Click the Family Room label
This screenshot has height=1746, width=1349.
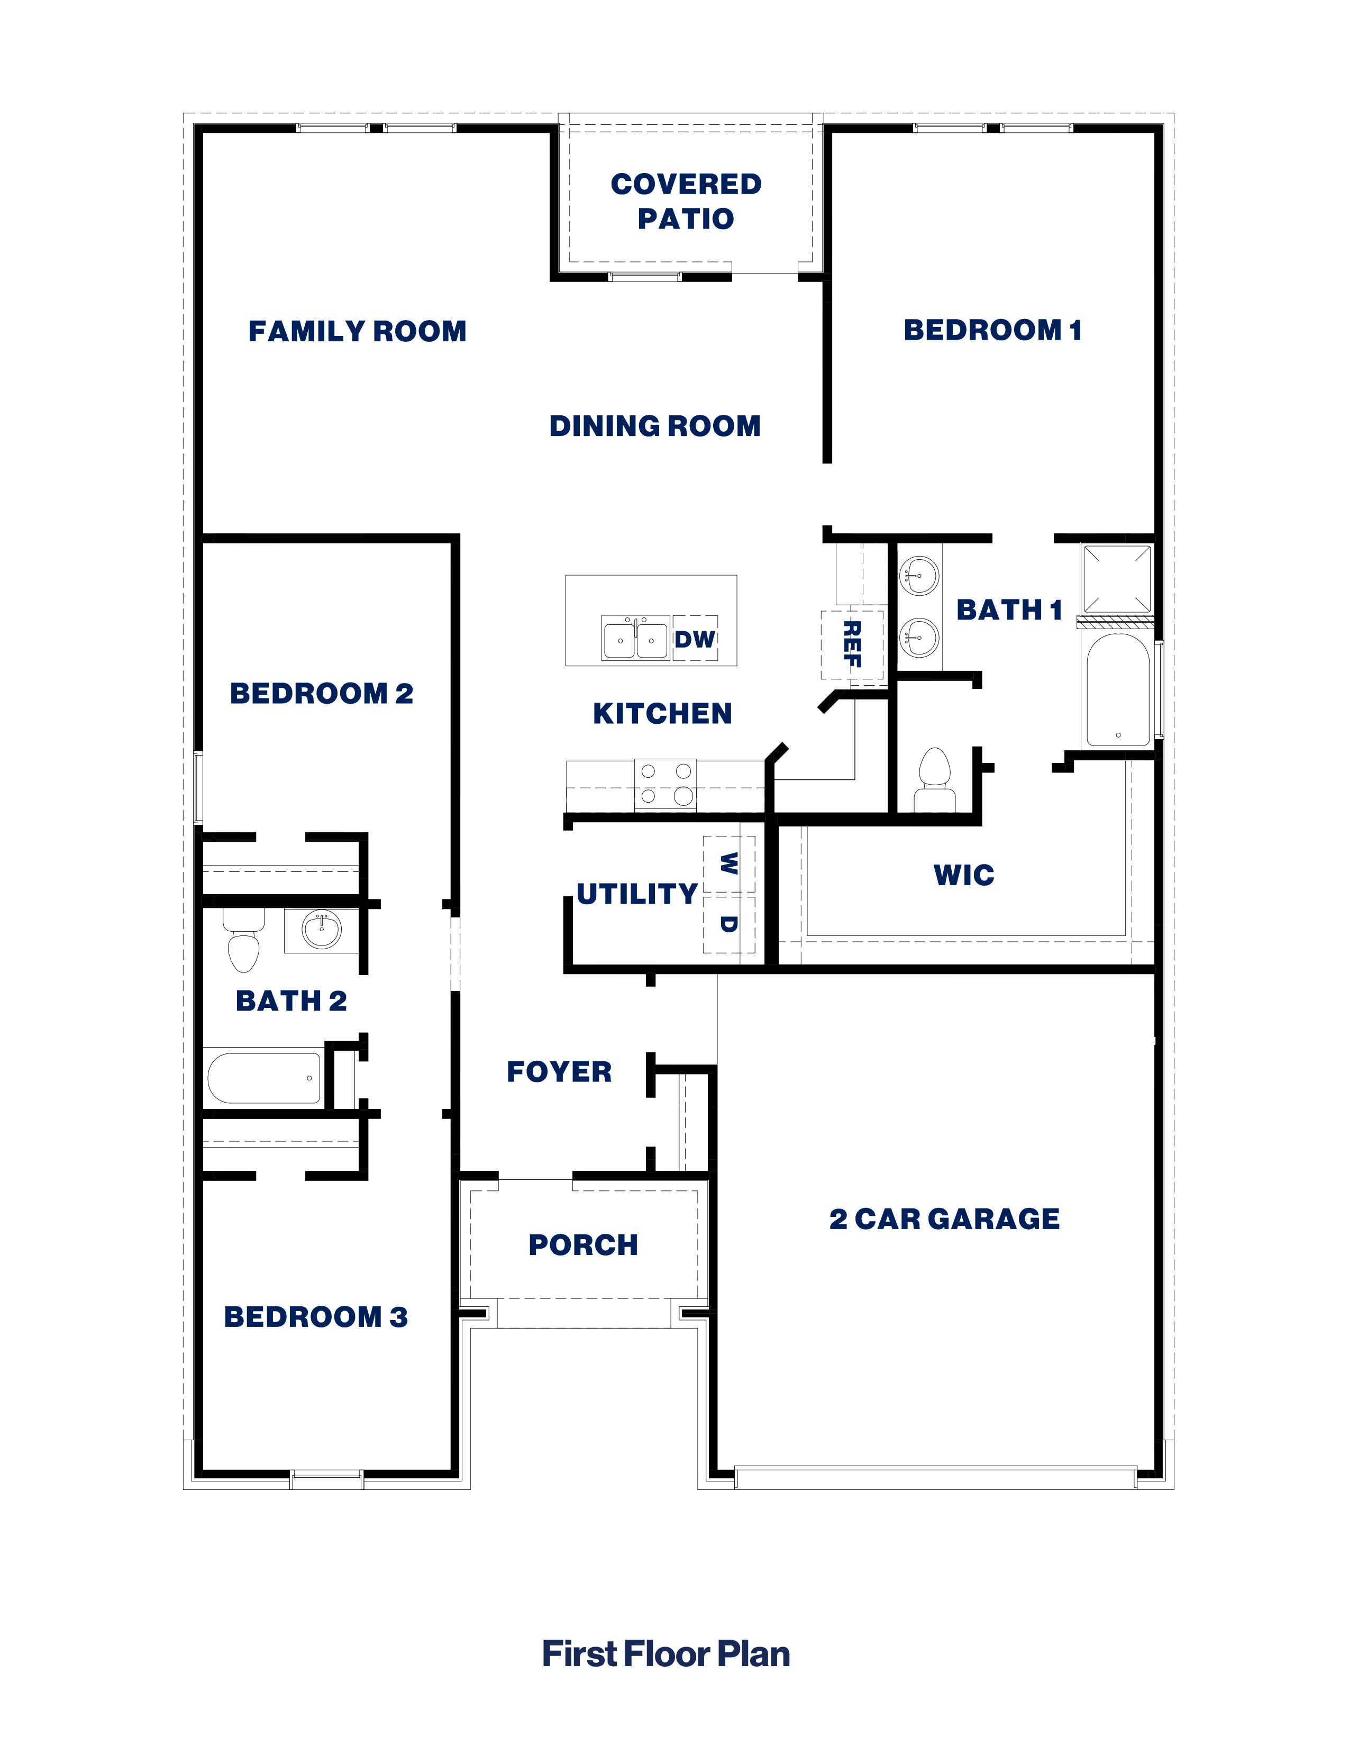pos(357,331)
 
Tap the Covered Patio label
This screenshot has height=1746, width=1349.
pos(686,201)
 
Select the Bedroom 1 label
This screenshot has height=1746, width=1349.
pos(992,330)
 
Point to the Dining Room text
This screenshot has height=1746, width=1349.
pos(654,426)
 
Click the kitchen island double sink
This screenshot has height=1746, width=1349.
pos(635,638)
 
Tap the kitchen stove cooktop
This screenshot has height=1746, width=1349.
pos(666,784)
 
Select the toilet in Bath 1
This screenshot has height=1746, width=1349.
pos(934,780)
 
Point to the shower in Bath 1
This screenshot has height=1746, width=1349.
pos(1116,579)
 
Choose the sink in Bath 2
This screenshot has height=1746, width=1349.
pos(321,930)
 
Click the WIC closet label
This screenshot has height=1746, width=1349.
pos(964,876)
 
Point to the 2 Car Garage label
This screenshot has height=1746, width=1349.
pos(945,1219)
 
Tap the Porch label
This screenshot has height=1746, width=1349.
pos(584,1245)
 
